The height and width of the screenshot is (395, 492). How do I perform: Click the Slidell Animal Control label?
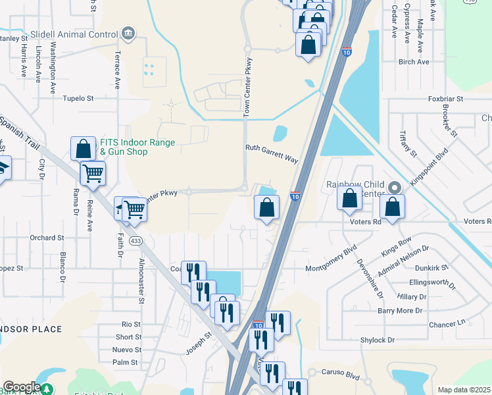[74, 34]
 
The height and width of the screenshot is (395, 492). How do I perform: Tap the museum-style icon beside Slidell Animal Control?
[128, 34]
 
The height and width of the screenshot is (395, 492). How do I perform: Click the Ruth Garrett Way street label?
[272, 154]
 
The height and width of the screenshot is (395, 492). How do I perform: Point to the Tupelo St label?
[78, 98]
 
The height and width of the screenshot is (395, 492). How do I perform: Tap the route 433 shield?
[136, 241]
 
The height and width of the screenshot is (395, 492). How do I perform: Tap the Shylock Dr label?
[377, 340]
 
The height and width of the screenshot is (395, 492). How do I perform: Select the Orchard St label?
[47, 237]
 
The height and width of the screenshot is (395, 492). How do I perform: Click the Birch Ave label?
[413, 62]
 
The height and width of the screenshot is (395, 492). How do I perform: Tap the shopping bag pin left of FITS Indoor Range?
[84, 149]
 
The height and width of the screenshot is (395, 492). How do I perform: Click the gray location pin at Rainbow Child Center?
[394, 188]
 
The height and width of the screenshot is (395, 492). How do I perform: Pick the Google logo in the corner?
[22, 387]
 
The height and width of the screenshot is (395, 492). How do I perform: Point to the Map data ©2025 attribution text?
[464, 390]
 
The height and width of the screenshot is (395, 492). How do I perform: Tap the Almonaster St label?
[141, 280]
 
